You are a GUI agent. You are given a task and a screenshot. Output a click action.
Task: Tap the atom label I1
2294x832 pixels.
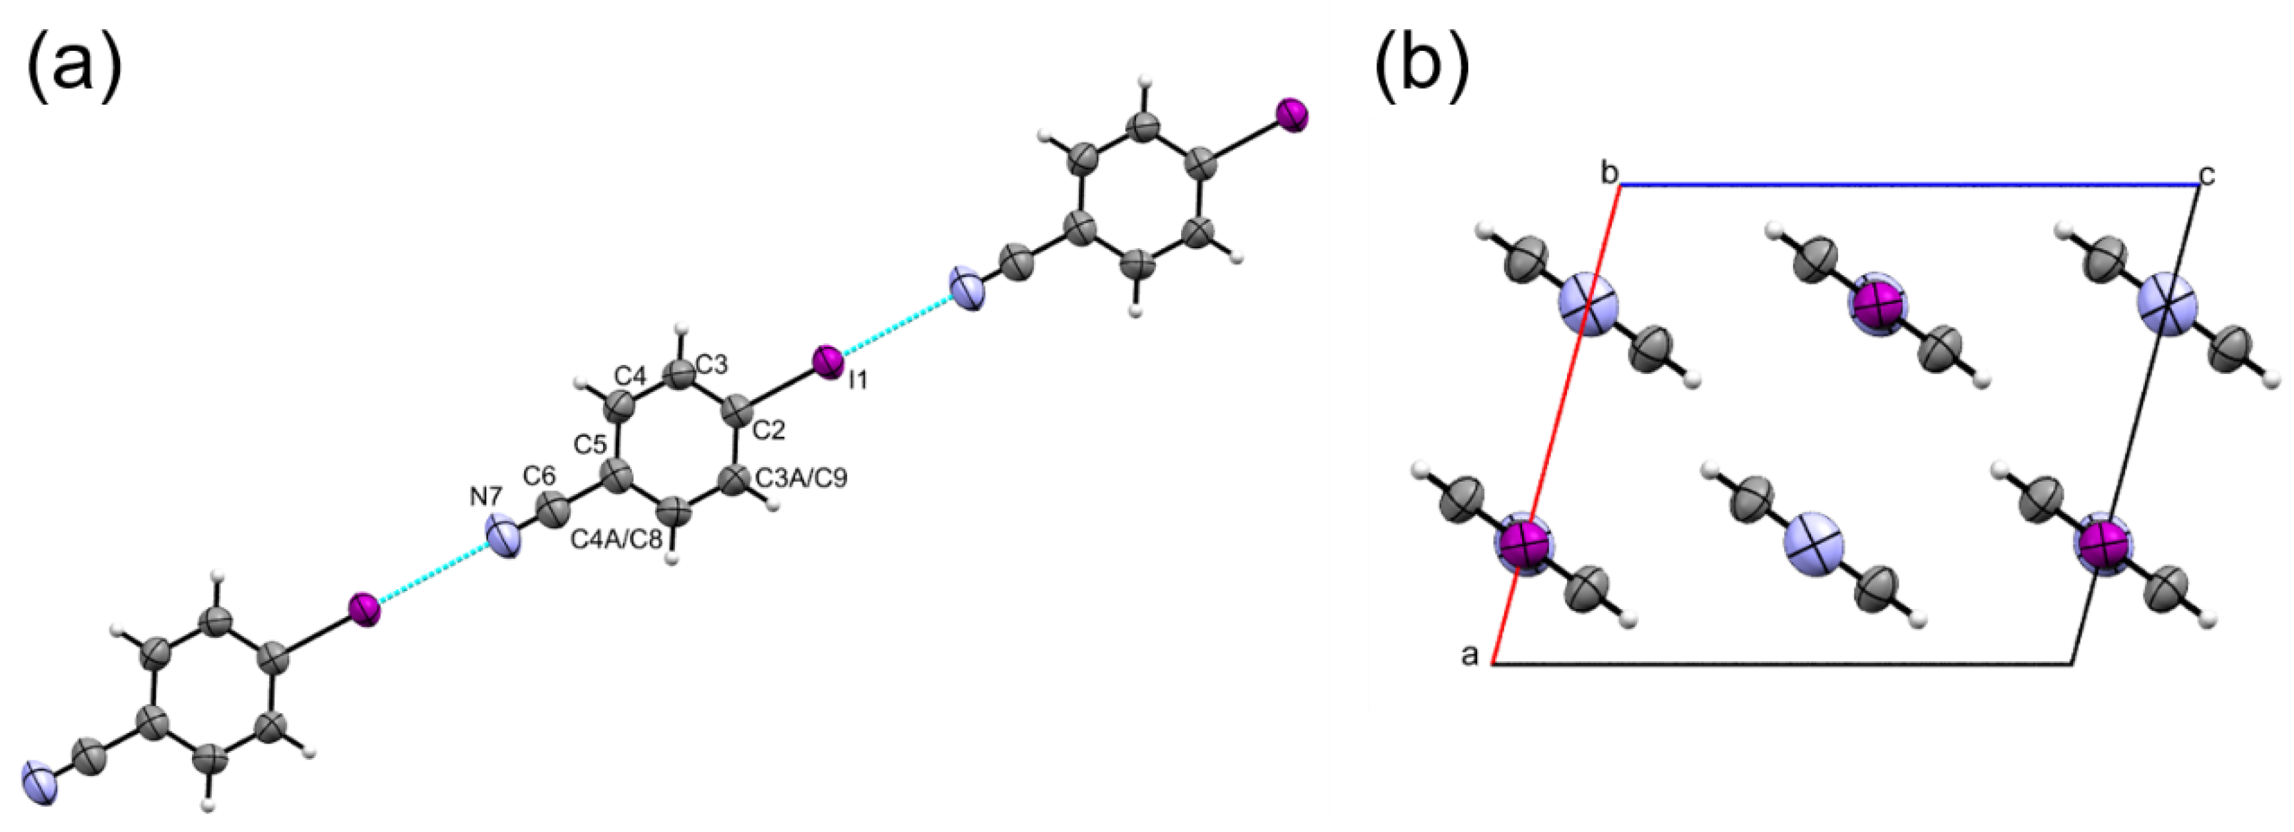click(x=858, y=380)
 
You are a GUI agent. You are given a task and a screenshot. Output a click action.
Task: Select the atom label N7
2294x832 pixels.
click(x=487, y=496)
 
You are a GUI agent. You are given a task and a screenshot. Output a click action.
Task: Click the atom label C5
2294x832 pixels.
click(x=590, y=443)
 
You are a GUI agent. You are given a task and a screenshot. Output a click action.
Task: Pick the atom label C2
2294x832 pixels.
click(x=769, y=431)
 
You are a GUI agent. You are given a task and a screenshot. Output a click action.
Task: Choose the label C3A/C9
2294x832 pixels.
click(x=802, y=479)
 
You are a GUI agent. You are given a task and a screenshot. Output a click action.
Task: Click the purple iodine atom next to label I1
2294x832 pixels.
click(x=828, y=361)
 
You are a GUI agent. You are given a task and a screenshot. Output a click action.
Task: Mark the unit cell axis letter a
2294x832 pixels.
click(x=1470, y=656)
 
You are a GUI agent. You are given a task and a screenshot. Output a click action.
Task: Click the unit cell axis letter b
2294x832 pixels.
click(x=1609, y=173)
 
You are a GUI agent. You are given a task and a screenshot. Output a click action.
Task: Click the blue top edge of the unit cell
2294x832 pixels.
click(x=1906, y=185)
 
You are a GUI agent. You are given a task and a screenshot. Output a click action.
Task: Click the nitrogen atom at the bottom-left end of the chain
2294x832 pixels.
click(x=41, y=782)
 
